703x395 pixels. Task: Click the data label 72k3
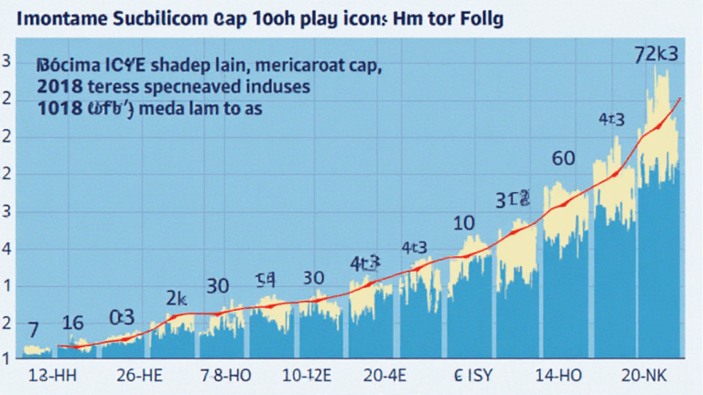pos(657,53)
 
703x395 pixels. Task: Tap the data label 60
pos(564,158)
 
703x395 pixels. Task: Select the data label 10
pos(463,223)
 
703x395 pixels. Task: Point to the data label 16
pos(72,323)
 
